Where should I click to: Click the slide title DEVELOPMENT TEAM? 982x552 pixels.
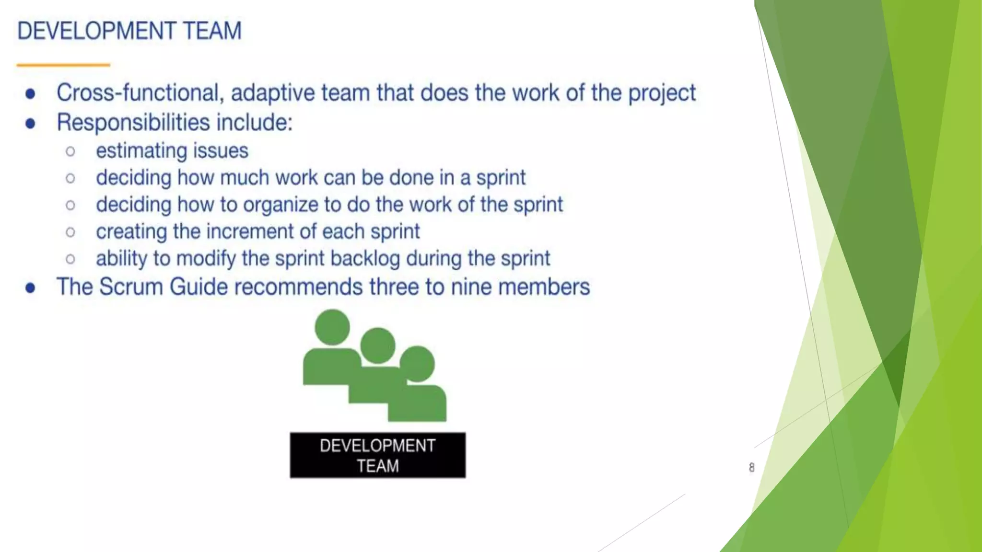[129, 31]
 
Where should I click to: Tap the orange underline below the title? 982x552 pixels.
[63, 65]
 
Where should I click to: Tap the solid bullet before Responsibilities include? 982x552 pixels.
[30, 124]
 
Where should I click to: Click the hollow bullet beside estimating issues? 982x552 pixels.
[70, 152]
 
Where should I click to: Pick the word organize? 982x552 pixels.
[281, 205]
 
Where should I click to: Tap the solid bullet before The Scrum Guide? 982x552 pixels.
[30, 288]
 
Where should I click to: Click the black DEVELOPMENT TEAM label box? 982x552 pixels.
[377, 455]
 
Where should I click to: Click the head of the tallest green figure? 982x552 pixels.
[332, 327]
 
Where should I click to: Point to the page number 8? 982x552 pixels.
[751, 467]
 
